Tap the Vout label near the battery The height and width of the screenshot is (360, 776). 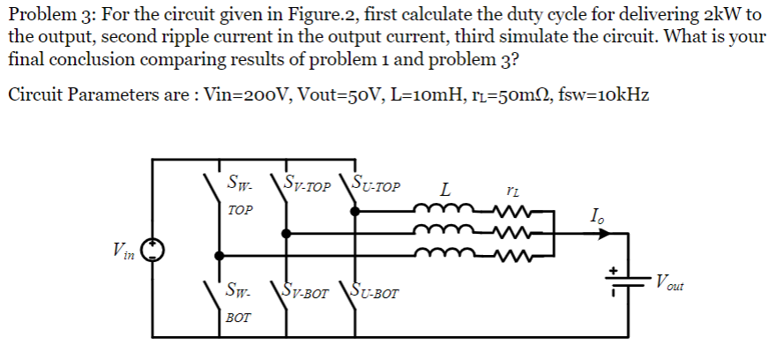[669, 284]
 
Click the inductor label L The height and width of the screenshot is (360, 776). [445, 188]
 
